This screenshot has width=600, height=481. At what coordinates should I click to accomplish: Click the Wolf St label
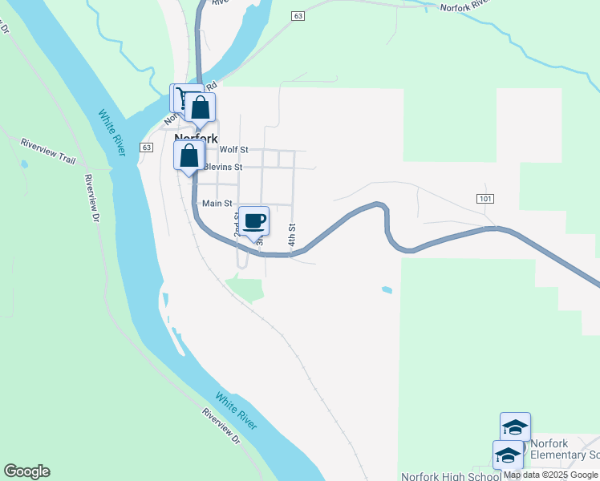(234, 150)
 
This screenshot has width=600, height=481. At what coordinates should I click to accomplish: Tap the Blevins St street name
(223, 167)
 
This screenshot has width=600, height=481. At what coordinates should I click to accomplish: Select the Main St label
(217, 204)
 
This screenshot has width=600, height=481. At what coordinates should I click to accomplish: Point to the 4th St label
(293, 235)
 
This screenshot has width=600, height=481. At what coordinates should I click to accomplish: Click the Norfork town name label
(197, 138)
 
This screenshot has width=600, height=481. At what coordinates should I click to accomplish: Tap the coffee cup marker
(254, 221)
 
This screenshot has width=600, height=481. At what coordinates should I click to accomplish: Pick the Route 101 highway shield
(484, 198)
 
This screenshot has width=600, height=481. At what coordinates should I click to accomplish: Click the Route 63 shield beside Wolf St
(146, 148)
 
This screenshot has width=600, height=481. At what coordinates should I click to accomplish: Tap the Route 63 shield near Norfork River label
(298, 16)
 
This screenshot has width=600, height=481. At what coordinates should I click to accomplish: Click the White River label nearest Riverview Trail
(112, 131)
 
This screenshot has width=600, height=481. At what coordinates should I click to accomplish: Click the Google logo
(26, 471)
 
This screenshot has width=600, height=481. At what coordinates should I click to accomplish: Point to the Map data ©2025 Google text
(550, 475)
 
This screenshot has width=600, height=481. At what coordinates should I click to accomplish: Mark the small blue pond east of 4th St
(387, 289)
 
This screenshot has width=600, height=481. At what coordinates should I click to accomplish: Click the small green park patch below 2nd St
(246, 289)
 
